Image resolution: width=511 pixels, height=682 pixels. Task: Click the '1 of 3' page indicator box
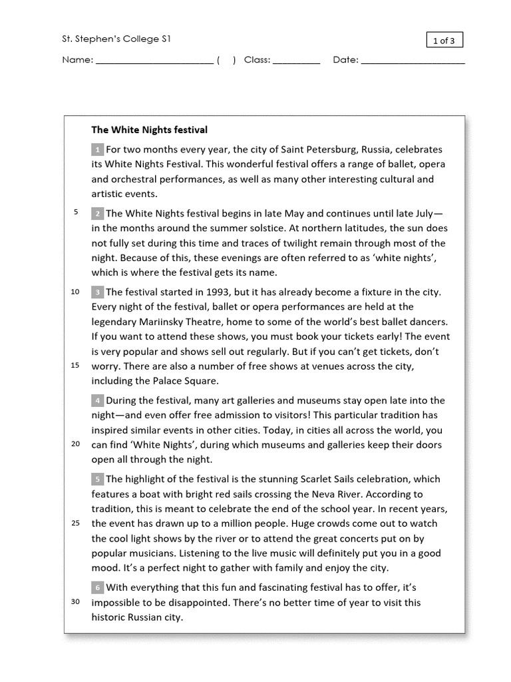[444, 41]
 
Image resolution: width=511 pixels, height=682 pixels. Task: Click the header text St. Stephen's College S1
[116, 39]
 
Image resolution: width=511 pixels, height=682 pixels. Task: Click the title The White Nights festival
[149, 130]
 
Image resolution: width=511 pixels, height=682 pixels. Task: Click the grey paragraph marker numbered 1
[97, 150]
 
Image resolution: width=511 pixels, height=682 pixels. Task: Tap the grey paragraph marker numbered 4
[97, 401]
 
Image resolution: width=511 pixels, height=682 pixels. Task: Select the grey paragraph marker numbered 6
[97, 588]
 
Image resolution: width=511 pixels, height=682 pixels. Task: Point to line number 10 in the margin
[75, 292]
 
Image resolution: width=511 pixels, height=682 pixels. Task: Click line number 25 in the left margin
[75, 523]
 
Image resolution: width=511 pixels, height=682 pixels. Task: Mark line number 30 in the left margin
[75, 602]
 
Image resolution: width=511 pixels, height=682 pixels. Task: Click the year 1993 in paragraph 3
[220, 292]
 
